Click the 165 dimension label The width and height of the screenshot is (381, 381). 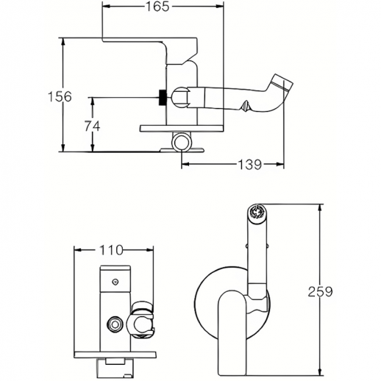pos(157,7)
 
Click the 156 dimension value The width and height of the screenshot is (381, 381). pos(60,96)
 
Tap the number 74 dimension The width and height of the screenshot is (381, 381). pos(92,127)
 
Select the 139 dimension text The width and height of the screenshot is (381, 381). pos(250,165)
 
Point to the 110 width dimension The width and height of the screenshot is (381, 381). pos(111,250)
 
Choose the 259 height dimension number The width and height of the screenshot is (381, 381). pos(320,291)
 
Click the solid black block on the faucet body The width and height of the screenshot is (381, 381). pos(163,97)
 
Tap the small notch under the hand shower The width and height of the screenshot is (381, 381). pos(245,106)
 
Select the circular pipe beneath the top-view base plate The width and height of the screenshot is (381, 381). pos(181,142)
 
